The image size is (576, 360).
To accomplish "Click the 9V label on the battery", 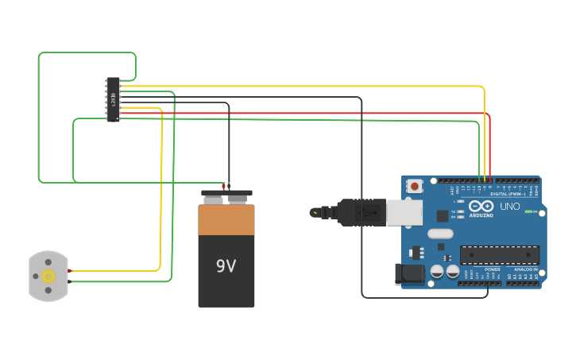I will click(x=226, y=266).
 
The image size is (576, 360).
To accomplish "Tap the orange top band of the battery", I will click(x=226, y=219).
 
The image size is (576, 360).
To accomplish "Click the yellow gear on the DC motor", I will click(x=48, y=277).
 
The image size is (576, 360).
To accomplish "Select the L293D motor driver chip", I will click(x=113, y=99).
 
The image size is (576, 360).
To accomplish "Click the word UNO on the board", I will click(x=509, y=207).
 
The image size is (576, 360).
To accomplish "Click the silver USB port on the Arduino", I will click(x=404, y=212).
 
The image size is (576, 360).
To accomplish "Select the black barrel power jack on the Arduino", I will click(x=410, y=274).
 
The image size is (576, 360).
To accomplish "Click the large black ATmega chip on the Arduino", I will click(x=500, y=255).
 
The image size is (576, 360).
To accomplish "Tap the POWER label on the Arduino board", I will click(x=492, y=269).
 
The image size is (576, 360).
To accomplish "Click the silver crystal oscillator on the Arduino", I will click(x=439, y=234).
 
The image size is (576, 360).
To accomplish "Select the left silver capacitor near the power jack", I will click(x=437, y=272).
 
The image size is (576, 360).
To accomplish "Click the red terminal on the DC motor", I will click(x=69, y=271).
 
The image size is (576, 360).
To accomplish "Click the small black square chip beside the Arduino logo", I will click(x=442, y=215).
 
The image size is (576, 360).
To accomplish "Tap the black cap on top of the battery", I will click(x=226, y=193).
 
